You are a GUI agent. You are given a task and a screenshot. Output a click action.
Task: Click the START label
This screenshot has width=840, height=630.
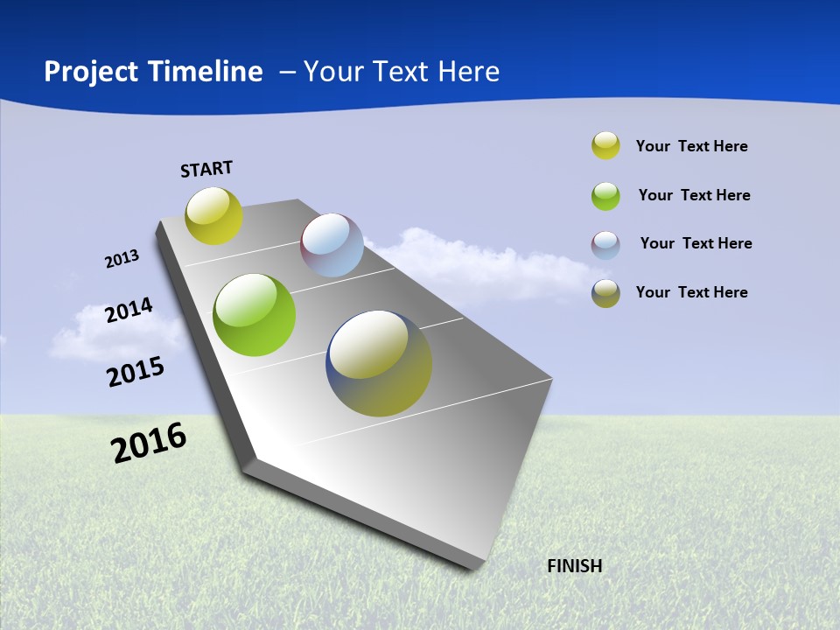(206, 169)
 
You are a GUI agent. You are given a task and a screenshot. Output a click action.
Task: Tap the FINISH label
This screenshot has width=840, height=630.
(574, 566)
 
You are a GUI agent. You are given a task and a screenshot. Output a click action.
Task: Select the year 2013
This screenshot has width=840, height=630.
(122, 259)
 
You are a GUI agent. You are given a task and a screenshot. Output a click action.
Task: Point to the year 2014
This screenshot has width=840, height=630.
(129, 311)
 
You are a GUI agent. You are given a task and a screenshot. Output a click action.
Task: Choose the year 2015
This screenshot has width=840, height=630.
(136, 372)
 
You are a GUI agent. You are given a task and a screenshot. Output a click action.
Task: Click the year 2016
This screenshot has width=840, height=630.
(149, 442)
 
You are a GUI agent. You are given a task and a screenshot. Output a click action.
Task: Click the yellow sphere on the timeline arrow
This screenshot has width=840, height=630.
(213, 215)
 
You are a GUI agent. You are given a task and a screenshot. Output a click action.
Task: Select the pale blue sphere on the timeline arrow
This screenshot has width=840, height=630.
(332, 245)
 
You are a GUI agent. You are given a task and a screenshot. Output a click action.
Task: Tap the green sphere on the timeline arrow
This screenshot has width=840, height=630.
(254, 315)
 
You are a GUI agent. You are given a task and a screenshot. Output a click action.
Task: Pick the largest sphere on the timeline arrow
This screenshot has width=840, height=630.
(379, 363)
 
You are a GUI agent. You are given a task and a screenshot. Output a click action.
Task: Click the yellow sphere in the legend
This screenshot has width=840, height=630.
(605, 146)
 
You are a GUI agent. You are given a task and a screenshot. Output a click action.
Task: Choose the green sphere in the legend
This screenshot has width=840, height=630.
(605, 195)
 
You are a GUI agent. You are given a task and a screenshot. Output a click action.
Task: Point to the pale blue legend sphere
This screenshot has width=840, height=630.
(605, 244)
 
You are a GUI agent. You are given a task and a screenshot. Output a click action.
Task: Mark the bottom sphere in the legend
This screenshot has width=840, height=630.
(605, 293)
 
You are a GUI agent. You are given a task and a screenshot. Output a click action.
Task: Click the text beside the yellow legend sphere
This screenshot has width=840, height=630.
(691, 146)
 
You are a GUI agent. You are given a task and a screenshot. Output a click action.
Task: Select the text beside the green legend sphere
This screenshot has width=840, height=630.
(694, 195)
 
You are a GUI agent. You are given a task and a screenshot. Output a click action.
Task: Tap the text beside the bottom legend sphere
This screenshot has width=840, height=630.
(691, 292)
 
